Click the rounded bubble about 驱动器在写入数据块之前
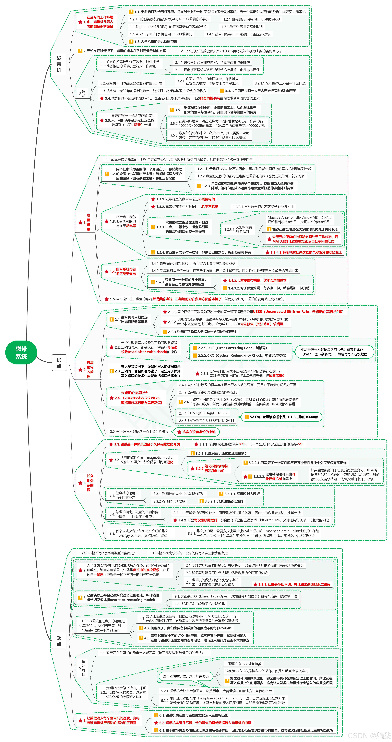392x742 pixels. point(334,352)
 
